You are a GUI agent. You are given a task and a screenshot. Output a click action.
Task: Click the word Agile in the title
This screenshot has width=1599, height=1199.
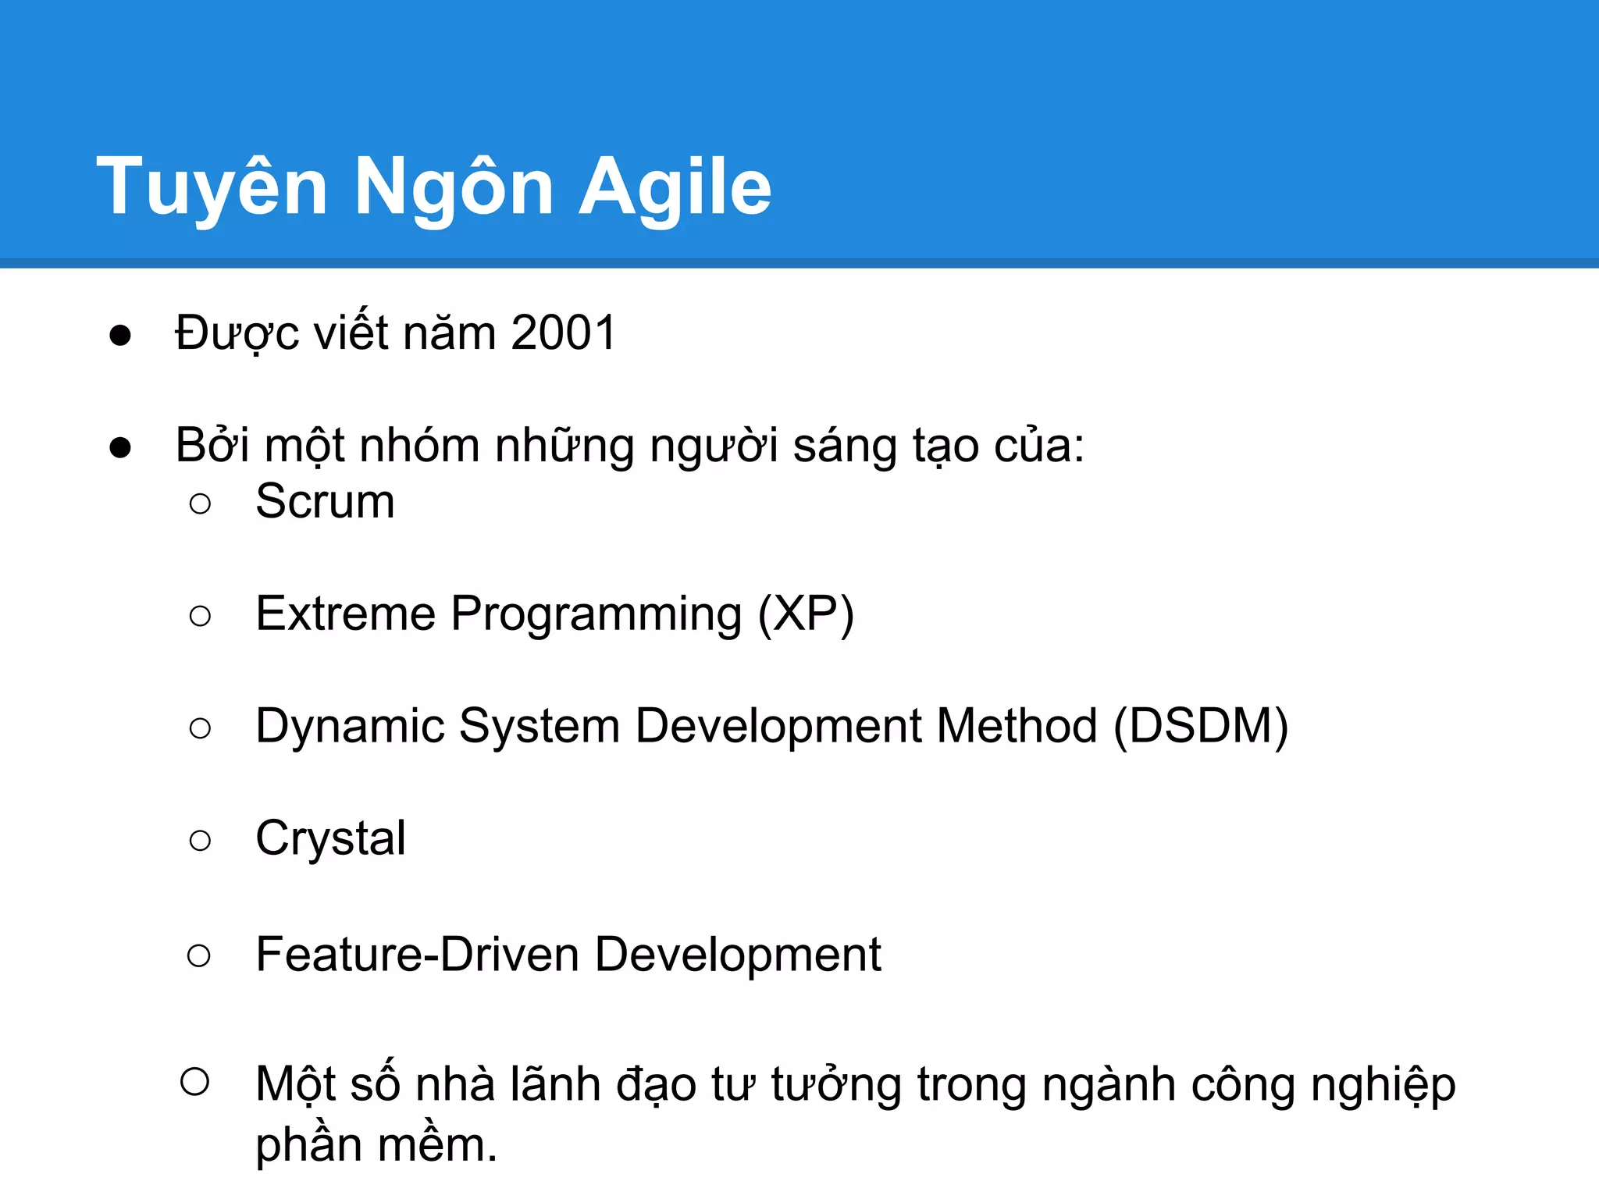point(675,187)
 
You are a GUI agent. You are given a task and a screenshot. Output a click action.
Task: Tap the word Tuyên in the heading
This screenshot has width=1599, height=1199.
point(212,187)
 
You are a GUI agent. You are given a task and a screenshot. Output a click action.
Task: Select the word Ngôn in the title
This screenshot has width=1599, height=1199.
point(454,187)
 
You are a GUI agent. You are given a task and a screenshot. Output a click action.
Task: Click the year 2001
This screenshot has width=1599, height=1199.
point(564,333)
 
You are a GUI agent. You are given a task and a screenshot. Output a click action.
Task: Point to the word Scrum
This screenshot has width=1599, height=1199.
point(325,501)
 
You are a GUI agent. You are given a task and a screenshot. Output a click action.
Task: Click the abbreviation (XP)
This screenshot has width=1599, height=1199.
point(806,614)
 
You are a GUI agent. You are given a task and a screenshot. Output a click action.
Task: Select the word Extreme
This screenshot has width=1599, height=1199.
point(345,614)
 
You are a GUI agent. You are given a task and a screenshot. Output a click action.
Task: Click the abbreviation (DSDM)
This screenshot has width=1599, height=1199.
point(1200,726)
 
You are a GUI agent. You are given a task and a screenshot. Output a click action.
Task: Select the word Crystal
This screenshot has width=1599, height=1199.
point(330,839)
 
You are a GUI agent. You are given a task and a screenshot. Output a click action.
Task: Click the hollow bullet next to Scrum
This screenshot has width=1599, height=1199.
point(200,503)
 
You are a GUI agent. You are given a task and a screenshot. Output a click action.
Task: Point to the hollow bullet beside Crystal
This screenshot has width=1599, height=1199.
point(200,841)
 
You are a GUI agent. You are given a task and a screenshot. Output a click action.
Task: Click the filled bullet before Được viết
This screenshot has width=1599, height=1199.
point(120,336)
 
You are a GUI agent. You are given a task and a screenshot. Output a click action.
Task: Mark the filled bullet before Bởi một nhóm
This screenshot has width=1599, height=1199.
point(120,448)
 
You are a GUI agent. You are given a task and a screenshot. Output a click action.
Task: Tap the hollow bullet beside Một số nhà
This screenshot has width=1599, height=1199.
point(194,1082)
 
